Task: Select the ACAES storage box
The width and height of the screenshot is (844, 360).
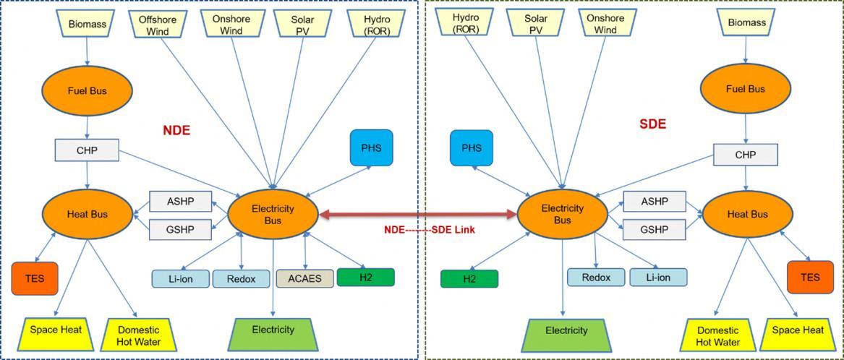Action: pos(305,278)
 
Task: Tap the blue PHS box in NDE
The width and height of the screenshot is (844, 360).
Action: pos(372,147)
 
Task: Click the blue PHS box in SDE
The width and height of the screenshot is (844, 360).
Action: pos(472,148)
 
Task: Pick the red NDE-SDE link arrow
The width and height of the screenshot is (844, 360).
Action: pos(418,215)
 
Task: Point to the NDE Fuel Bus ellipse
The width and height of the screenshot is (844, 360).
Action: pos(88,90)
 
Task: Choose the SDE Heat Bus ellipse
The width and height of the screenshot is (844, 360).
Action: pos(748,214)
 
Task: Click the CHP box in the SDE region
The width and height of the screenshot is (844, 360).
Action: pos(746,155)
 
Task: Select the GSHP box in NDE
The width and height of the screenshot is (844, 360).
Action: pos(181,230)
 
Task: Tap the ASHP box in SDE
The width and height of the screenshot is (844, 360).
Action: pos(655,202)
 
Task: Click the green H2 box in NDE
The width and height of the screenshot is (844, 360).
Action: pos(366,277)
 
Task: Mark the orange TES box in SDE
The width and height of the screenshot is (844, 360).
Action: pos(810,277)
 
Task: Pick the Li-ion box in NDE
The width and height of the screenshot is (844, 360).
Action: pos(180,279)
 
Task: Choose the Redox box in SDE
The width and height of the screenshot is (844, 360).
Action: pos(597,278)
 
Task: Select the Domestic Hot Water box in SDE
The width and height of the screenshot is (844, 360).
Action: pos(719,335)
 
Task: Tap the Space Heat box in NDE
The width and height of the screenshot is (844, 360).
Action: pos(56,335)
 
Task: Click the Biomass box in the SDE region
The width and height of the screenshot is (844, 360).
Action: pos(746,23)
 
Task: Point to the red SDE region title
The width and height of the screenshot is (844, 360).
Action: pos(653,124)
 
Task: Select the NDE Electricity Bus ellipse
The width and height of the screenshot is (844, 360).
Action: pos(273,214)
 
